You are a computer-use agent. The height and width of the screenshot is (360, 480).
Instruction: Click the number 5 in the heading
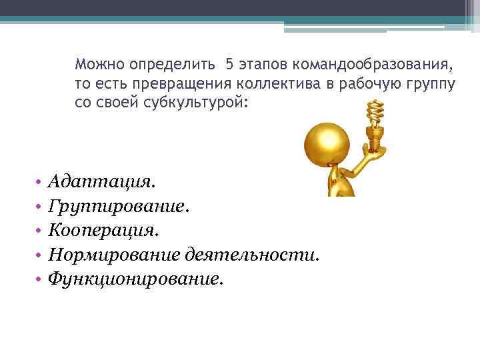click(229, 65)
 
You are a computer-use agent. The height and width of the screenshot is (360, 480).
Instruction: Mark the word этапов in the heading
click(263, 65)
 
